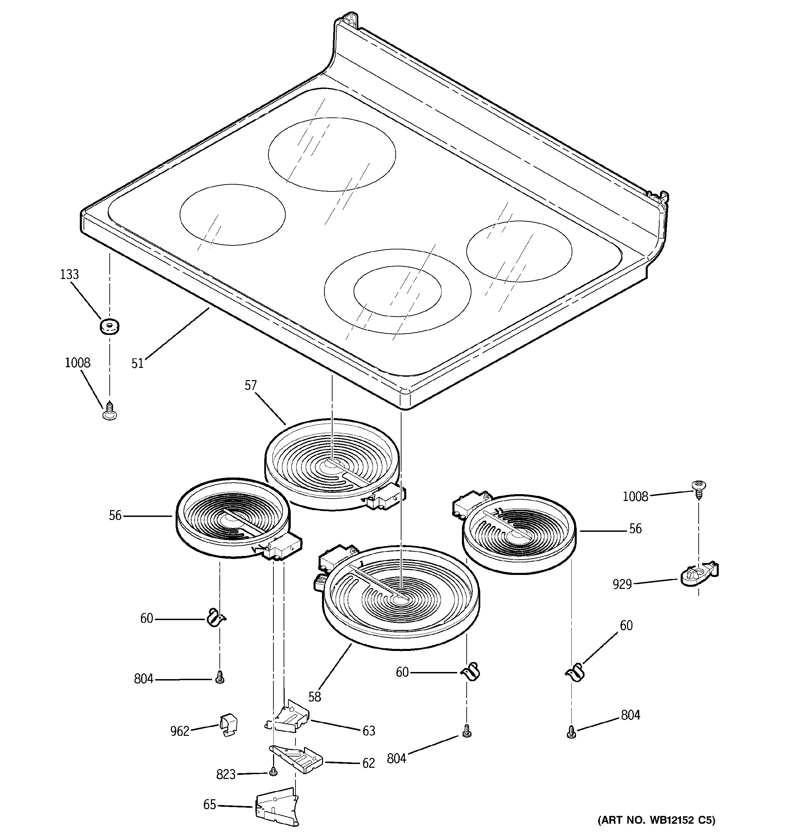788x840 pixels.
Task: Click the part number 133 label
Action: tap(69, 275)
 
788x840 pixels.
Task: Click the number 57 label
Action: tap(250, 385)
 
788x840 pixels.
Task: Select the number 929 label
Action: tap(622, 584)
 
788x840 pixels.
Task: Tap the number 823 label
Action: tap(226, 774)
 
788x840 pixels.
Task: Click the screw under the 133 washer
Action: tap(110, 410)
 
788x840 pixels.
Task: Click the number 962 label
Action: tap(180, 731)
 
